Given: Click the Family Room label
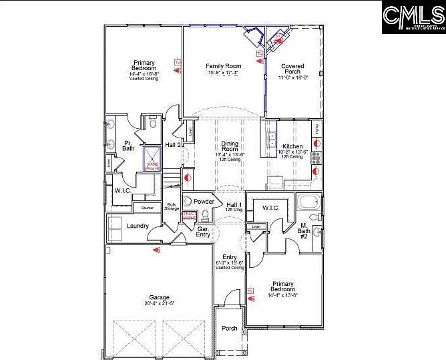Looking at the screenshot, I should [222, 66].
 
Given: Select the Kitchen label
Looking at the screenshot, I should [292, 146].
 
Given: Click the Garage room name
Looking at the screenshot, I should [159, 297].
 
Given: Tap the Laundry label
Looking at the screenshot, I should [138, 226].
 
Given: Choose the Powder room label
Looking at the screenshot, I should [204, 201].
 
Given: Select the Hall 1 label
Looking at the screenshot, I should [233, 204].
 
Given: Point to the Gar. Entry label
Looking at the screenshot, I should [203, 231].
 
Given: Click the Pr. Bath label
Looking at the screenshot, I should [128, 145].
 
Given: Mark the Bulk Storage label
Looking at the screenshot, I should [172, 207].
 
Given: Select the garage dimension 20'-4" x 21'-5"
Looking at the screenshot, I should [159, 303].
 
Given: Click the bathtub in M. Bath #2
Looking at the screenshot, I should [309, 202].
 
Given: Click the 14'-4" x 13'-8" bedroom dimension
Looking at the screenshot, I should [283, 295].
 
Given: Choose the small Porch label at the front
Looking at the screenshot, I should [230, 328].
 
